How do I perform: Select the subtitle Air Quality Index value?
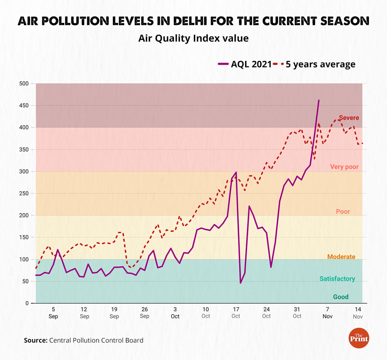[x=193, y=38]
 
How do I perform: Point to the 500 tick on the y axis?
[x=24, y=84]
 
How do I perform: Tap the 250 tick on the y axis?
[x=24, y=193]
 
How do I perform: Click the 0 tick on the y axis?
[x=27, y=303]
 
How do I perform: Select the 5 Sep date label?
[x=53, y=313]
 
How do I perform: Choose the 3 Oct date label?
[x=175, y=313]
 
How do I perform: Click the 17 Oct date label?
[x=236, y=313]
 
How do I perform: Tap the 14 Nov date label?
[x=358, y=313]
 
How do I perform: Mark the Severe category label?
[x=349, y=118]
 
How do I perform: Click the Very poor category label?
[x=344, y=167]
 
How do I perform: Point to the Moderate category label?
[x=341, y=257]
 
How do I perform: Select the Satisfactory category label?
[x=337, y=279]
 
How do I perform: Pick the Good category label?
[x=341, y=297]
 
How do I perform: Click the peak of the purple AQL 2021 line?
[x=319, y=100]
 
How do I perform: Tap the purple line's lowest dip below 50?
[x=241, y=283]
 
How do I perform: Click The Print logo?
[x=359, y=338]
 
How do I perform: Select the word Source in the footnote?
[x=35, y=340]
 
